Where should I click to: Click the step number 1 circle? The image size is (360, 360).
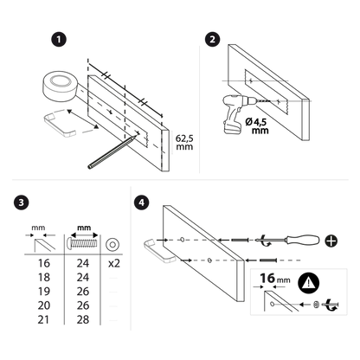[x=59, y=39]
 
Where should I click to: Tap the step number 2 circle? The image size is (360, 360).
[x=213, y=39]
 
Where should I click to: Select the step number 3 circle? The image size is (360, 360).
[x=21, y=202]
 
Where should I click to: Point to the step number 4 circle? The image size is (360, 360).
[x=142, y=202]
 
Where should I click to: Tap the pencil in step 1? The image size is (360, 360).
[x=112, y=152]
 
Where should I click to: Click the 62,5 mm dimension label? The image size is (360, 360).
[x=184, y=143]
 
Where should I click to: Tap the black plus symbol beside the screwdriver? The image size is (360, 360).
[x=331, y=241]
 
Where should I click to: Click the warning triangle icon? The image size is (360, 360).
[x=309, y=282]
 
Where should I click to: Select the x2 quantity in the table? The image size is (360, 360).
[x=114, y=263]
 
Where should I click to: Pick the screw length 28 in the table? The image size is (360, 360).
[x=83, y=319]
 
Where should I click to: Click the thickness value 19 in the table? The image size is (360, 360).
[x=44, y=292]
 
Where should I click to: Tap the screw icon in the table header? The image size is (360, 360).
[x=82, y=243]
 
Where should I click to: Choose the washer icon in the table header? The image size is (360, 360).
[x=112, y=245]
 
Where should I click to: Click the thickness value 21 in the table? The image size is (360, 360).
[x=43, y=319]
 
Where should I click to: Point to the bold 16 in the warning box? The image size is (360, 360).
[x=267, y=279]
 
